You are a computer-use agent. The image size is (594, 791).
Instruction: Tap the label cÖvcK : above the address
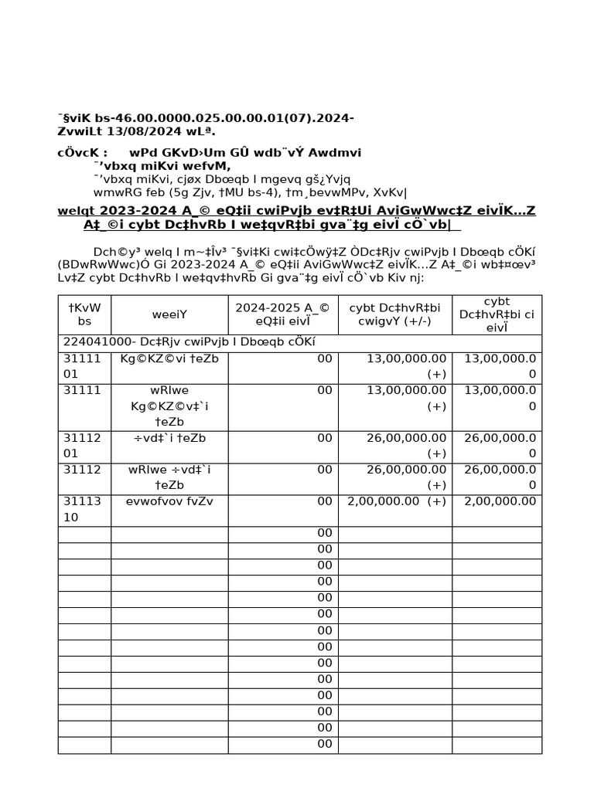pyautogui.click(x=82, y=152)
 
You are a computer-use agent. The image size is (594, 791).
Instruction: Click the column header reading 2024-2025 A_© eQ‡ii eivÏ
pyautogui.click(x=283, y=314)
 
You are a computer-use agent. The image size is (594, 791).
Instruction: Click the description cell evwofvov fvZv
pyautogui.click(x=169, y=501)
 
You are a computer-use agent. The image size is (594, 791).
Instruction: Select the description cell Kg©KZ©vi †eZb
pyautogui.click(x=169, y=358)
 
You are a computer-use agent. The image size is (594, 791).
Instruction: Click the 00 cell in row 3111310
pyautogui.click(x=324, y=501)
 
